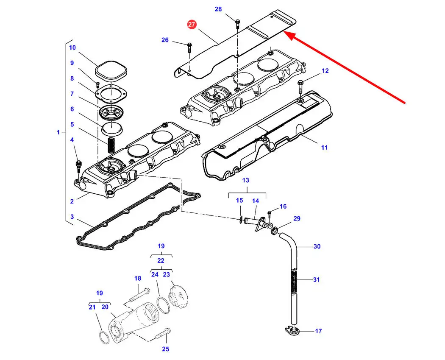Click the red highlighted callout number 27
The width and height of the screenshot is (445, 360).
tap(192, 24)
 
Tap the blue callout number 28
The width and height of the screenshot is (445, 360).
tap(218, 9)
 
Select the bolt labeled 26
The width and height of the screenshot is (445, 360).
tap(190, 48)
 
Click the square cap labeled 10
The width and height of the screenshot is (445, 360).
tap(111, 70)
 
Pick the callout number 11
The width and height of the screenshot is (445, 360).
tap(324, 148)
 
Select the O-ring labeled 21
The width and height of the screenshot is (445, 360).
tap(104, 337)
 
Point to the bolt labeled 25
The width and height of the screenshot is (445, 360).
tap(163, 334)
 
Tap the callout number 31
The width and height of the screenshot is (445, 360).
tap(317, 280)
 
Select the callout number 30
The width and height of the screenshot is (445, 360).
tap(317, 246)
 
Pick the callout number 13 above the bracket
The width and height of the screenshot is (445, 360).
tap(246, 180)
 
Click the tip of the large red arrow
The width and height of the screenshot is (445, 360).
tap(284, 32)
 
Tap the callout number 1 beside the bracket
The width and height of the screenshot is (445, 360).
tap(58, 132)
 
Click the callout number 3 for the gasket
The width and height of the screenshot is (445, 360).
tap(72, 217)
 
